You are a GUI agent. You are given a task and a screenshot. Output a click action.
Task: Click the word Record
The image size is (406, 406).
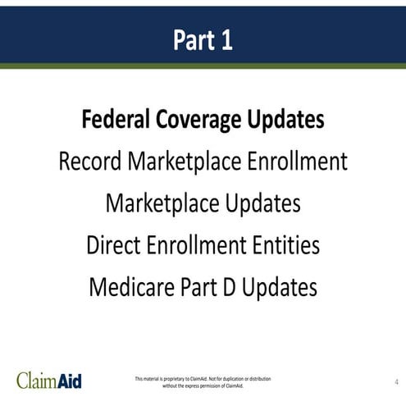90,162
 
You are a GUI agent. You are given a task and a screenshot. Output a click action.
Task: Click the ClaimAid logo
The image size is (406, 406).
49,381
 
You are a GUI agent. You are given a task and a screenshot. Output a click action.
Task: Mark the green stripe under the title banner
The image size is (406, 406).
203,66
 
